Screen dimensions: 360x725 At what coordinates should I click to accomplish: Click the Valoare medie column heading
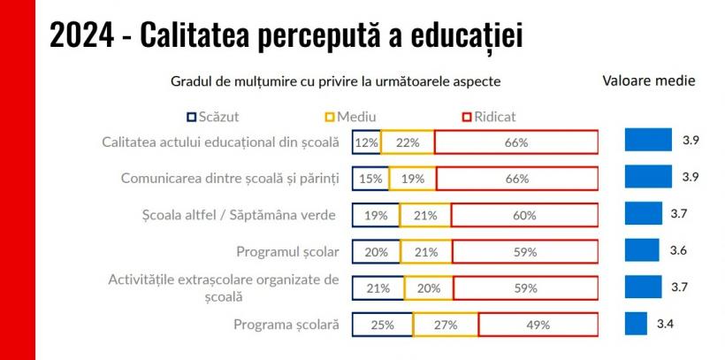coord(648,80)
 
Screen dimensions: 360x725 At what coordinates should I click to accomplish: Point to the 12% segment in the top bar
coord(366,142)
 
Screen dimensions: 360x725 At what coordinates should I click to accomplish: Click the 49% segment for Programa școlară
coord(538,325)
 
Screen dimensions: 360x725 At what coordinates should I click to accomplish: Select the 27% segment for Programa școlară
coord(446,325)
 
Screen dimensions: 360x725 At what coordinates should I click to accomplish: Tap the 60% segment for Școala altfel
coord(524,215)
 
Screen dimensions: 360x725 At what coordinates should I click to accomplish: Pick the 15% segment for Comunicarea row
coord(370,179)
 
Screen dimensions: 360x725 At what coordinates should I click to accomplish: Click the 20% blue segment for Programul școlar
coord(376,252)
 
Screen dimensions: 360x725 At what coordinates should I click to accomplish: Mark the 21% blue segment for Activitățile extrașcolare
coord(378,287)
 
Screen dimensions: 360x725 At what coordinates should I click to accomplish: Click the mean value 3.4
coord(665,324)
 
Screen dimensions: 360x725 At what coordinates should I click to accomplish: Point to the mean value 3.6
coord(678,250)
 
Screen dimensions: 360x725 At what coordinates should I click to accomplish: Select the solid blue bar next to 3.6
coord(642,250)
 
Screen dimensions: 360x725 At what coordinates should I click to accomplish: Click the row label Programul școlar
coord(287,251)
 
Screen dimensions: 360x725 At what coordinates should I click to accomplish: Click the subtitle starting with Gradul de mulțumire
coord(335,81)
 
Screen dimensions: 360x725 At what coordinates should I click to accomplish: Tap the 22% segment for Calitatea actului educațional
coord(408,142)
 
